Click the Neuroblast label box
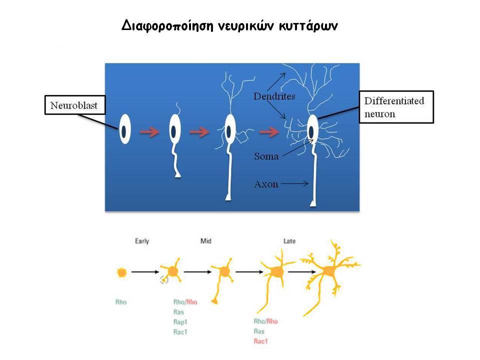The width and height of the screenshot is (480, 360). click(x=75, y=105)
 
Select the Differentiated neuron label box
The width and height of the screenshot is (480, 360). click(x=396, y=107)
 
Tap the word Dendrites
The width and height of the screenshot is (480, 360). click(x=274, y=96)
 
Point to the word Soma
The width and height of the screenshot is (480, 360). click(x=266, y=156)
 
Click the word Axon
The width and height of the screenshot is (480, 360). click(x=266, y=184)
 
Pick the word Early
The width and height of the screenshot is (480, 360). click(x=142, y=241)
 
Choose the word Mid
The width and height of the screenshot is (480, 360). click(x=205, y=241)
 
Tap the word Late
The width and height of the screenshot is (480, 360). click(x=289, y=241)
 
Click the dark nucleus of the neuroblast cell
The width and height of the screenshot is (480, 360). click(x=123, y=131)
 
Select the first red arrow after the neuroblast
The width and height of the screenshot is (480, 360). click(x=149, y=132)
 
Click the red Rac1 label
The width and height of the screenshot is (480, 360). click(x=260, y=341)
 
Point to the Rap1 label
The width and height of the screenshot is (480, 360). click(x=180, y=322)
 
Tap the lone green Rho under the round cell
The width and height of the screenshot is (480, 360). click(x=121, y=302)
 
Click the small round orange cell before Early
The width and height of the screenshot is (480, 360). click(x=122, y=272)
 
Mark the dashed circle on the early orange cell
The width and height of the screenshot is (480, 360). click(x=164, y=279)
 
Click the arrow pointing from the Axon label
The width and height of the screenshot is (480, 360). click(x=295, y=183)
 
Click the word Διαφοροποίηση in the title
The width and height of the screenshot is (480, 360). click(x=167, y=25)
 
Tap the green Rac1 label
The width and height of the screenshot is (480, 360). click(x=180, y=332)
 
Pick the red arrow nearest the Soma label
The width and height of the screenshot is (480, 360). click(x=269, y=132)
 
